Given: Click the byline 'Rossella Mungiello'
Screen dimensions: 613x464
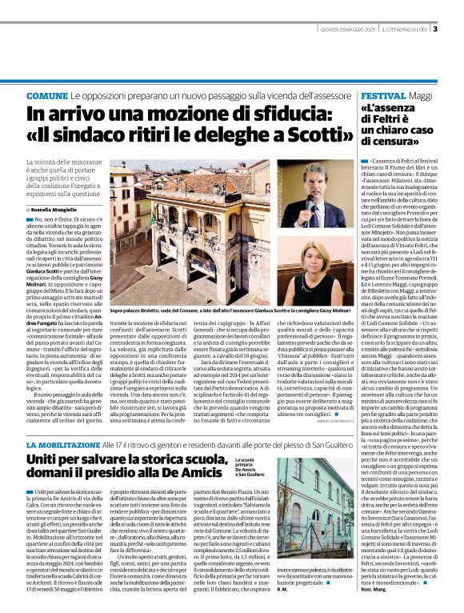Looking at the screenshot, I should click(x=60, y=208).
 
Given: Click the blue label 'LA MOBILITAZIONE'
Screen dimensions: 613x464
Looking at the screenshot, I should click(x=62, y=443).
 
